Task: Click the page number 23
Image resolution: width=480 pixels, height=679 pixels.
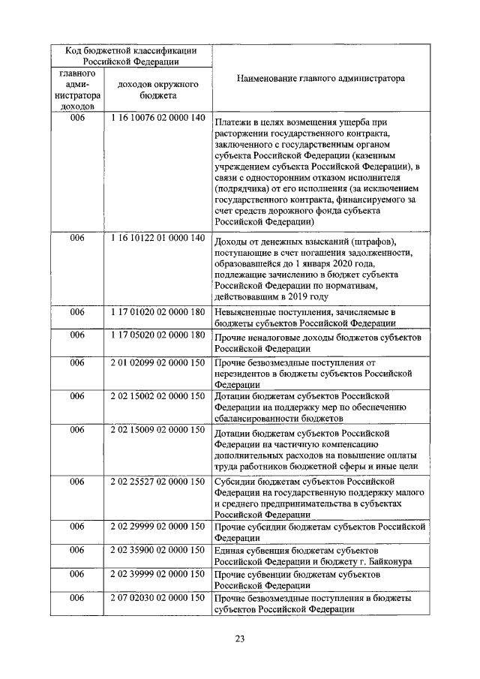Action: pyautogui.click(x=240, y=638)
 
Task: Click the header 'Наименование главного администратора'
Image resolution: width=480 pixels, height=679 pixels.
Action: pyautogui.click(x=320, y=77)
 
